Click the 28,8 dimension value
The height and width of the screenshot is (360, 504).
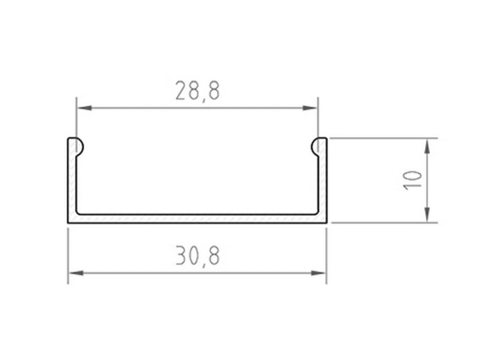[198, 91]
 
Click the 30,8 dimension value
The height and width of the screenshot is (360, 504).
[198, 256]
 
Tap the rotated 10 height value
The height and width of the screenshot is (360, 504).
[413, 181]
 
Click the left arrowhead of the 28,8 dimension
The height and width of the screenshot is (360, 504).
[84, 108]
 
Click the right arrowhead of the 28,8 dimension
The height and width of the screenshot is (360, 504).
[310, 108]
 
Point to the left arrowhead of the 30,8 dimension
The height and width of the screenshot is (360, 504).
[76, 273]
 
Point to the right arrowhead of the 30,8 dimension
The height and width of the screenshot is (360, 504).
[319, 273]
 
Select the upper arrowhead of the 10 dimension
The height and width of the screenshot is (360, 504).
[427, 146]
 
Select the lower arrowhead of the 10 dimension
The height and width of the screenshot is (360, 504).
[427, 214]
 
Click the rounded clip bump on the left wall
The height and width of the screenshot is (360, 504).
[80, 147]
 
